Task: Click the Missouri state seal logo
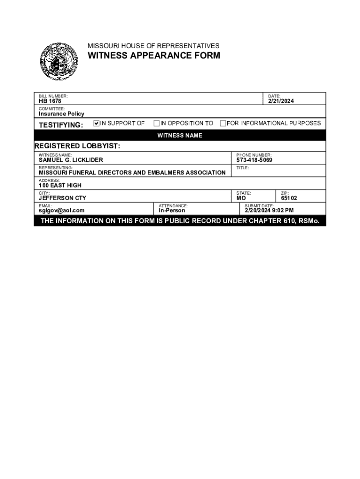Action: click(58, 61)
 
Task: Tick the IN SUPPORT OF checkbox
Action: click(97, 123)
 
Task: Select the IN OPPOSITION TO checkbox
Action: click(157, 123)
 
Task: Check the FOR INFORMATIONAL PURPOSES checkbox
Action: click(223, 123)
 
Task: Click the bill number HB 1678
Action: click(50, 101)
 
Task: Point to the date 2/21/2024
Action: click(281, 101)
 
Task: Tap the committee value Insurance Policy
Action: click(61, 114)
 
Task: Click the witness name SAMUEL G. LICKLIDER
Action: click(71, 160)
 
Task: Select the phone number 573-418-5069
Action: click(254, 160)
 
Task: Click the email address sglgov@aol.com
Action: click(62, 210)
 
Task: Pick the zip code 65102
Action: click(289, 198)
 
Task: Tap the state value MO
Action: click(241, 198)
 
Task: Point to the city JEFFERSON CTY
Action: click(62, 198)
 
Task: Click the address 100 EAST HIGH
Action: click(60, 185)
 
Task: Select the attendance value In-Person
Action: click(172, 210)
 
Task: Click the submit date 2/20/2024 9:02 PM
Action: click(269, 210)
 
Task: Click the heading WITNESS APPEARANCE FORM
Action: click(154, 56)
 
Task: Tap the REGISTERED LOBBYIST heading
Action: click(77, 146)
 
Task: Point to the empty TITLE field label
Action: click(243, 167)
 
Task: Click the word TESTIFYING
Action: click(61, 125)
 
